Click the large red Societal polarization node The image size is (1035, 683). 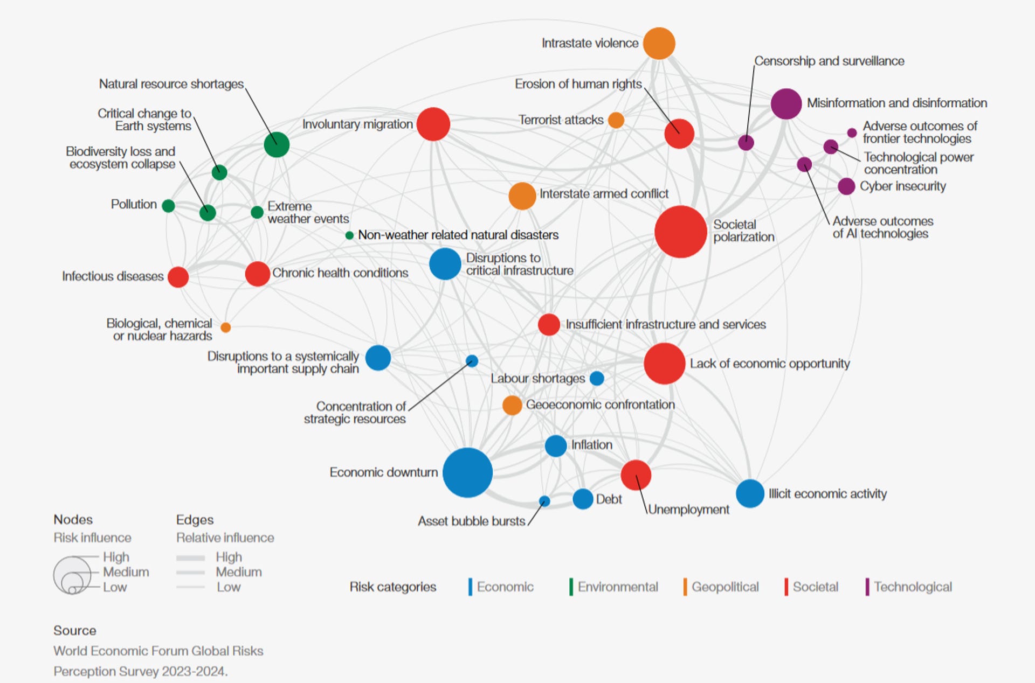pyautogui.click(x=680, y=232)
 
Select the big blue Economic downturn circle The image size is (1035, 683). pyautogui.click(x=467, y=472)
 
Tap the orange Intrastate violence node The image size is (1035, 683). pyautogui.click(x=659, y=43)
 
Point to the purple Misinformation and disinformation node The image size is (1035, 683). pyautogui.click(x=786, y=103)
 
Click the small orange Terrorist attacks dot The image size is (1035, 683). pyautogui.click(x=616, y=120)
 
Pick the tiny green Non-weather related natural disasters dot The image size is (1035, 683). pyautogui.click(x=349, y=235)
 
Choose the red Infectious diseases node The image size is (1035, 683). pyautogui.click(x=178, y=277)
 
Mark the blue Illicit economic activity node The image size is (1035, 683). pyautogui.click(x=750, y=493)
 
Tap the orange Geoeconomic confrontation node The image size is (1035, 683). pyautogui.click(x=512, y=405)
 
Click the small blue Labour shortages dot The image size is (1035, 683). pyautogui.click(x=597, y=378)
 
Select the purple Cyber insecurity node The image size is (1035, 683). pyautogui.click(x=846, y=186)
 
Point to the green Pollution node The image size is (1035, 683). pyautogui.click(x=168, y=205)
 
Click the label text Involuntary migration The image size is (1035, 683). pyautogui.click(x=357, y=124)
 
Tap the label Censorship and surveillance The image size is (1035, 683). pyautogui.click(x=829, y=61)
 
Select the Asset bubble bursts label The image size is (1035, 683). pyautogui.click(x=471, y=521)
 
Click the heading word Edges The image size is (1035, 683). pyautogui.click(x=195, y=520)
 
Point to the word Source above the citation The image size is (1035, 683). pyautogui.click(x=74, y=630)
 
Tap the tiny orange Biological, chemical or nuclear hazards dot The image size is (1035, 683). pyautogui.click(x=226, y=327)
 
